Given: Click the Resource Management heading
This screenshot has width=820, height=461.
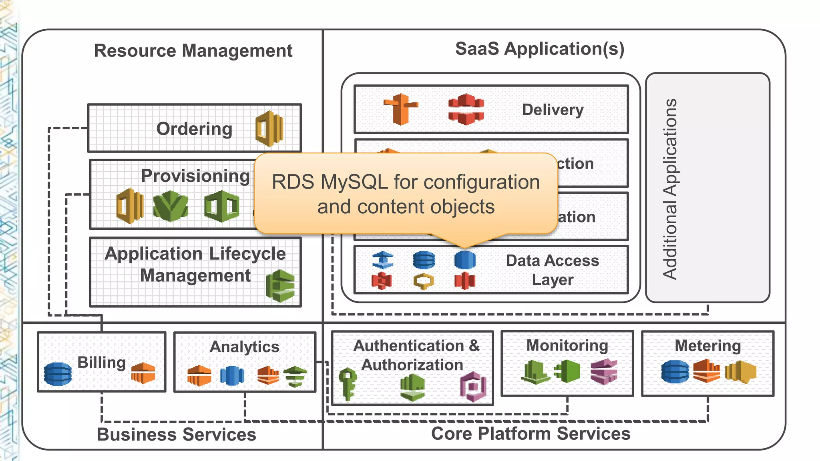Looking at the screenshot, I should click(193, 51).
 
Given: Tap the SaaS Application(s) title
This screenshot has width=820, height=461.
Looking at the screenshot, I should click(539, 49).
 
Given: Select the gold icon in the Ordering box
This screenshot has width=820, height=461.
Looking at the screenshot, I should click(269, 129).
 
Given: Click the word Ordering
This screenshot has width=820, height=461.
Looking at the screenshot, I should click(194, 129).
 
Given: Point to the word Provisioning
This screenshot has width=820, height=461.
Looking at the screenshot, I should click(195, 176).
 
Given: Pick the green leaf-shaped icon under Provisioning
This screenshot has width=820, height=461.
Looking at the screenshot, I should click(170, 206).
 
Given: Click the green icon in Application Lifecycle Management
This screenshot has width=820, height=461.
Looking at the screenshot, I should click(280, 286).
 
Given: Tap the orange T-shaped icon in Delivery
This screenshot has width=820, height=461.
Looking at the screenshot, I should click(400, 109).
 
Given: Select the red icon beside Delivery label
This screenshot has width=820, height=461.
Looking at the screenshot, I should click(466, 109).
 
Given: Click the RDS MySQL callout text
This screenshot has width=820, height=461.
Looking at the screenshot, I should click(406, 194).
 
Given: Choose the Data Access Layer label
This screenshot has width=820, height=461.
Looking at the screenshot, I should click(553, 270).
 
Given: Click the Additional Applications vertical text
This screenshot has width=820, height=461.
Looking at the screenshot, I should click(670, 188).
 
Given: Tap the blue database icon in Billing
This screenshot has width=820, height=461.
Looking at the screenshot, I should click(58, 374).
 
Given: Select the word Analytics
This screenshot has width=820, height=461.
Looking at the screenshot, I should click(244, 347).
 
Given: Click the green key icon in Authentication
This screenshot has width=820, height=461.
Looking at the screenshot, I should click(347, 383).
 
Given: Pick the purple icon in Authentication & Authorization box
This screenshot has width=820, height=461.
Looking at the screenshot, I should click(473, 387).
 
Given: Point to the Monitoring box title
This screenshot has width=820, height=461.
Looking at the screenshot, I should click(567, 345).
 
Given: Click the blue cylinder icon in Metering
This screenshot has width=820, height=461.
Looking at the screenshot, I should click(675, 371).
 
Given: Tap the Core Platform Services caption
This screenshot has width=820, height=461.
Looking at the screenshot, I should click(531, 434).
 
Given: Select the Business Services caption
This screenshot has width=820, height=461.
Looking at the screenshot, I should click(176, 435).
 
